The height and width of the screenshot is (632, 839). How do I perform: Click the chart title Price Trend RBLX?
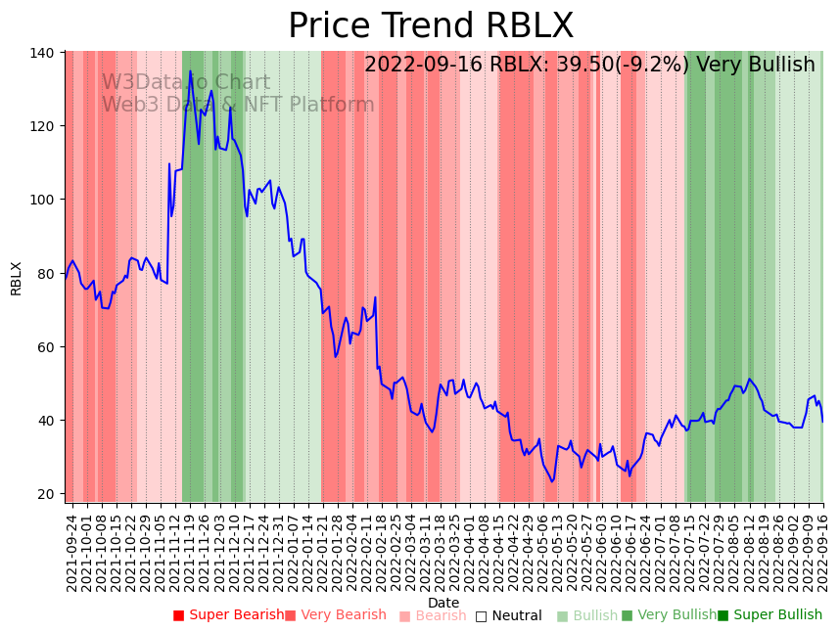[x=431, y=26]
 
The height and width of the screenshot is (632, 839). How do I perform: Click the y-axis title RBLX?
[x=16, y=278]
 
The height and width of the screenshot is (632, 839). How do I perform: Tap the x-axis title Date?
[x=443, y=603]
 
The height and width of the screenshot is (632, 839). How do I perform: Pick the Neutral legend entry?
[x=516, y=616]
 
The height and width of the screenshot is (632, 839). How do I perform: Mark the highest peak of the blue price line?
[x=191, y=71]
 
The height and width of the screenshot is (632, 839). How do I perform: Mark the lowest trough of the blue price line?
[x=552, y=481]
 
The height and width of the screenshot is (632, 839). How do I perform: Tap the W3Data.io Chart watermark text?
[x=186, y=83]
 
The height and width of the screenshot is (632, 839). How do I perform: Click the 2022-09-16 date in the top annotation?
[x=424, y=66]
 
